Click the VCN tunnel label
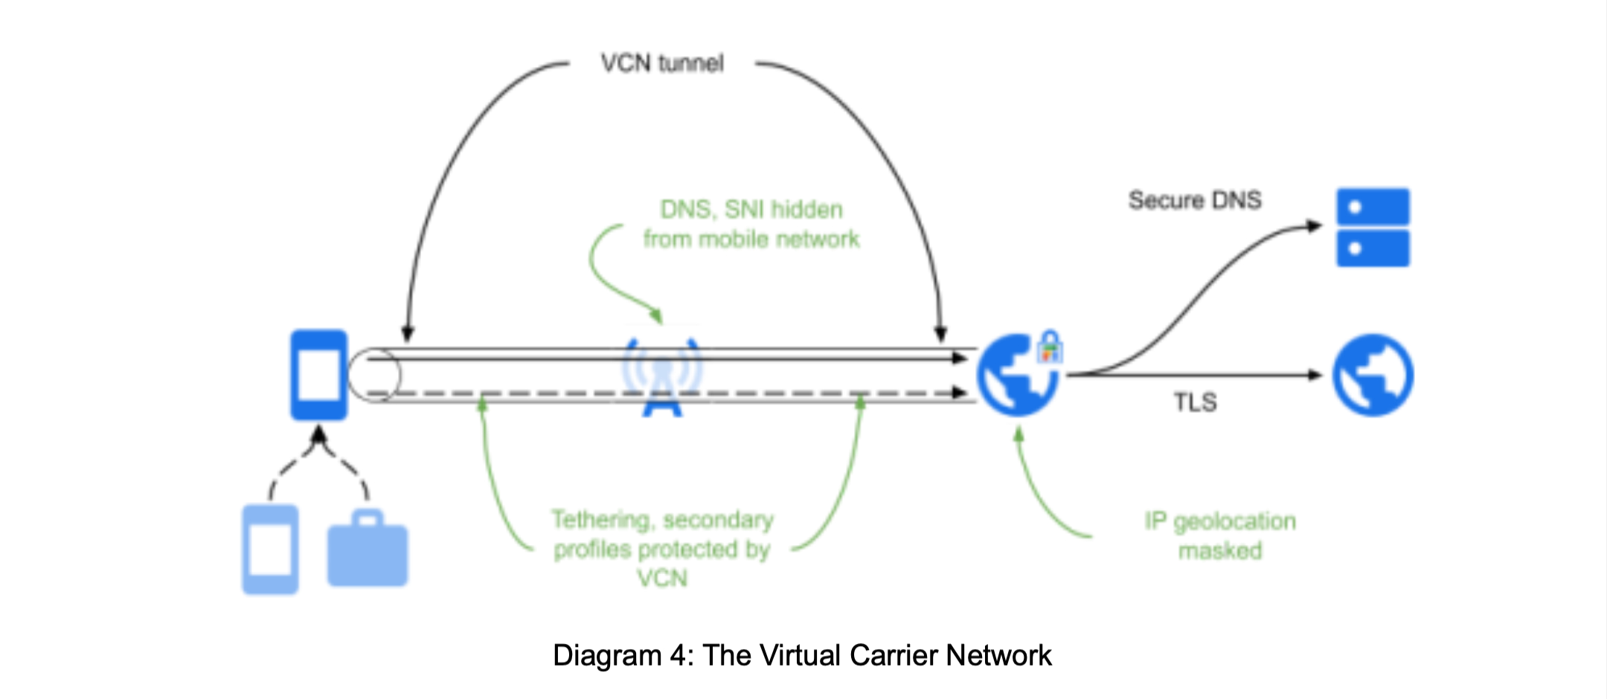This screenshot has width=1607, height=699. point(662,64)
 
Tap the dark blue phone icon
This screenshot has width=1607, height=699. point(318,375)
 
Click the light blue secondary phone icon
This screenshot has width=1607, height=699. point(270,550)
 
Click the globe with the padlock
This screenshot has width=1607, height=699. point(1017,375)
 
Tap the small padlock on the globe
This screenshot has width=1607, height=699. point(1050,347)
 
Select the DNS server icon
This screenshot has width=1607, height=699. point(1373,228)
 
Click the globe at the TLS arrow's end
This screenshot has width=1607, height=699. point(1373,375)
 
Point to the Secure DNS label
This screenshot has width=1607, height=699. point(1195,200)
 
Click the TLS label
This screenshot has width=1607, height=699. point(1195,402)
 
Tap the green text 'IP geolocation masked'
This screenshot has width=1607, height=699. point(1220,535)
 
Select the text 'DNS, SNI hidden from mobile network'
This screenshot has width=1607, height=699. point(751,224)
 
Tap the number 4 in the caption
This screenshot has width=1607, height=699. point(678,656)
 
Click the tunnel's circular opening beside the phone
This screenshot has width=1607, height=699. point(374,376)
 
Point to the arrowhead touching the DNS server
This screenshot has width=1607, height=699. point(1315,226)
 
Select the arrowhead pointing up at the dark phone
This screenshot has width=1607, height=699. point(318,434)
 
